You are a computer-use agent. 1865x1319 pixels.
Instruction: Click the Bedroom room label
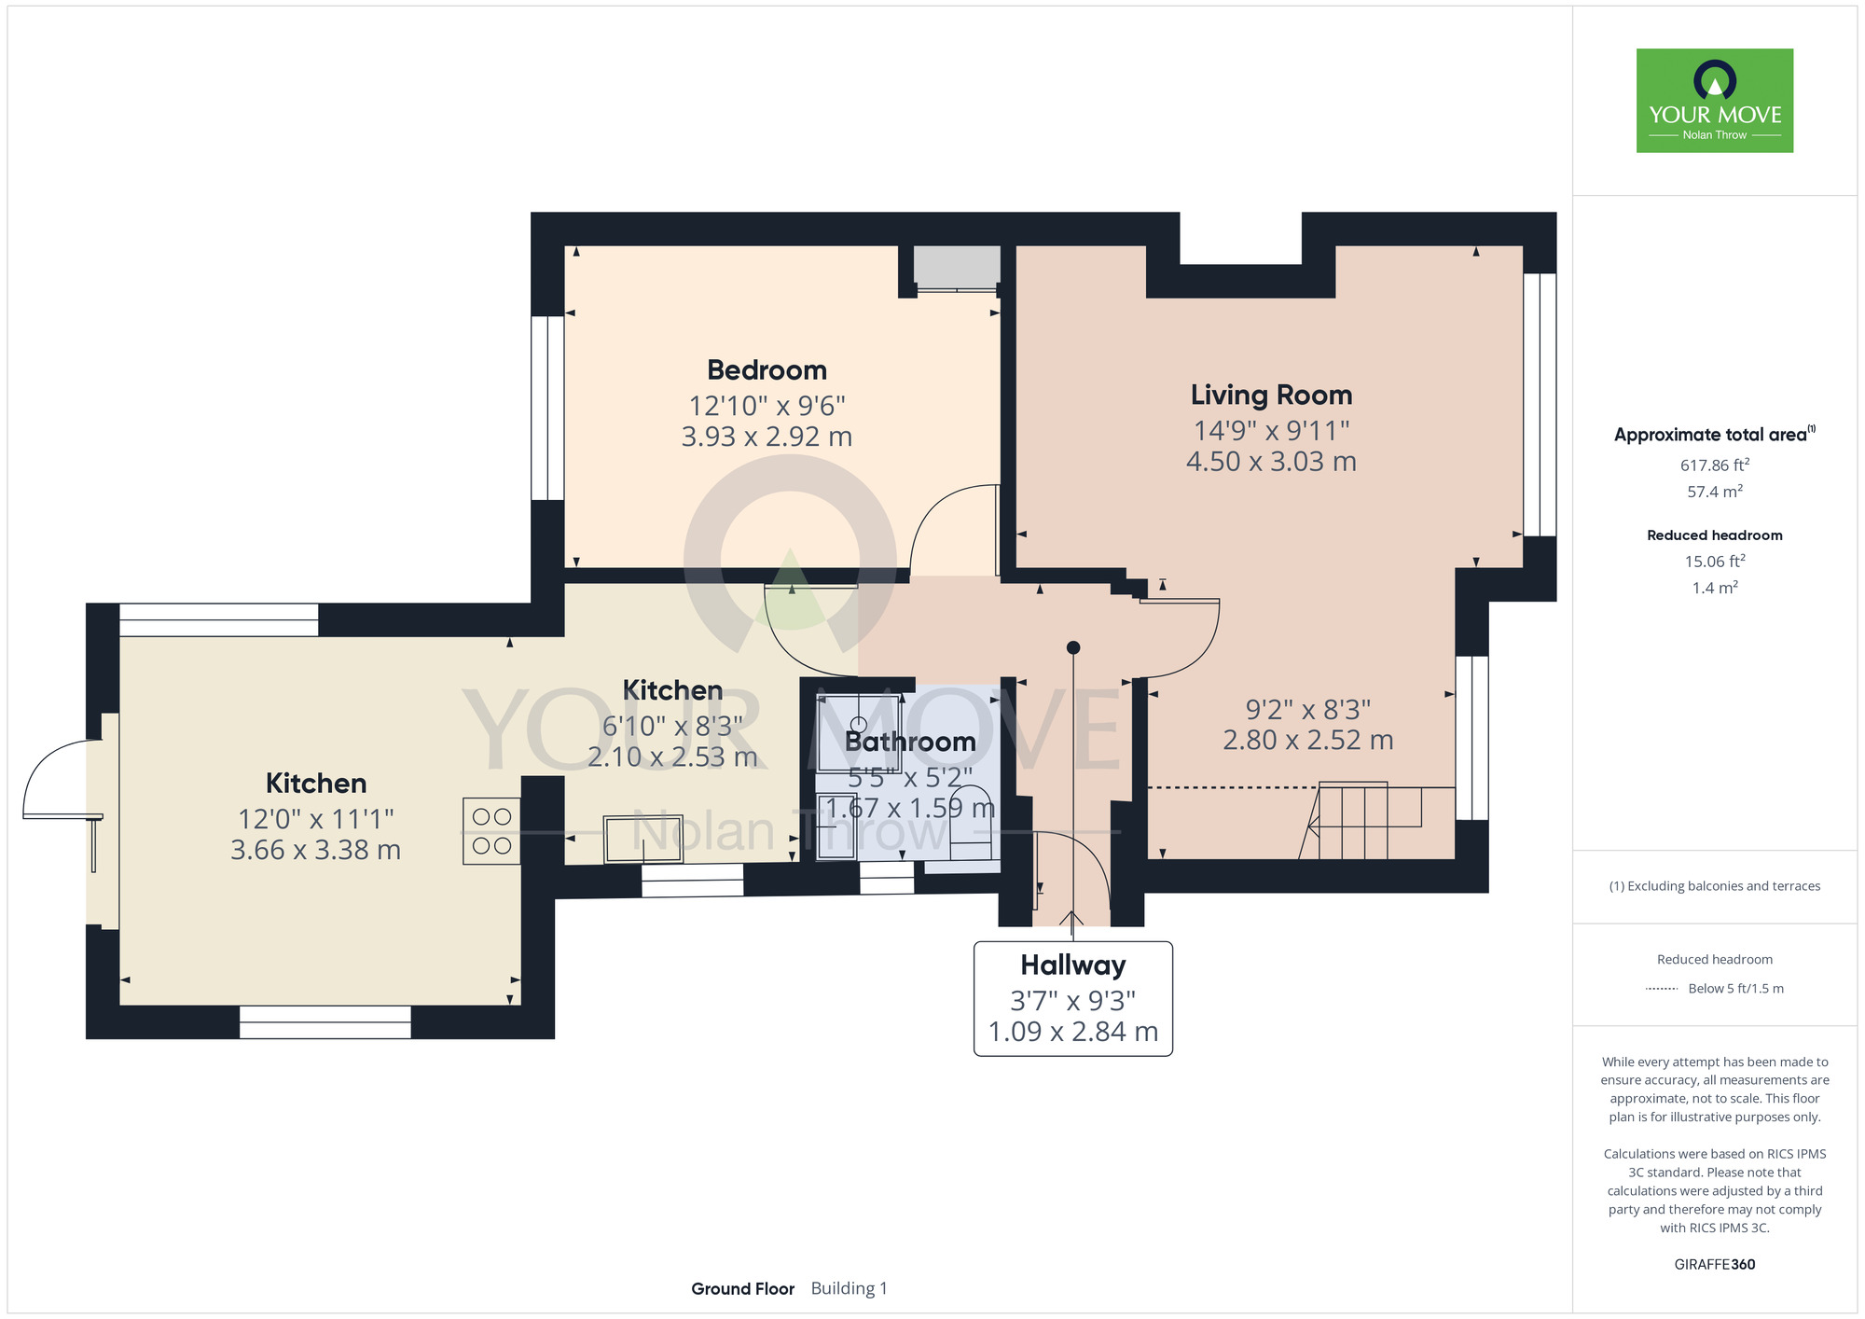point(767,370)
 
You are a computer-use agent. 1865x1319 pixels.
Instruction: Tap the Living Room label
point(1271,396)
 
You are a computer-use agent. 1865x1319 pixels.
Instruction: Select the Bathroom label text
point(910,742)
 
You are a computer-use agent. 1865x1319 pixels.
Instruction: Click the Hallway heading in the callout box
point(1072,965)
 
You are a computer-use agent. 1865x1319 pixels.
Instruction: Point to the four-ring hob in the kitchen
point(491,831)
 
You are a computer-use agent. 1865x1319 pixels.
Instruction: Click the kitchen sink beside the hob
point(642,840)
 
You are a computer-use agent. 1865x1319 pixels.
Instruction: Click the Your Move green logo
point(1715,101)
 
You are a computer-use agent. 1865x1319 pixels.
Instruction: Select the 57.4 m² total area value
point(1715,491)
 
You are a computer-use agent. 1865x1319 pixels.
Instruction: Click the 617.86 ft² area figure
point(1715,465)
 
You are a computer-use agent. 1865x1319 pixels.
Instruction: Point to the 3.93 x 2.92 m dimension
point(767,437)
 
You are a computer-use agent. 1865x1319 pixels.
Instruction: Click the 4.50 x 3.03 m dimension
point(1271,462)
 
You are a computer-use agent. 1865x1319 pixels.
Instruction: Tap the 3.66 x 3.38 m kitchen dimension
point(315,850)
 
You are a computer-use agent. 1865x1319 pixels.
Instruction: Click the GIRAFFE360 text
point(1715,1265)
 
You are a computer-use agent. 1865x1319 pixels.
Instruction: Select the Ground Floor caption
point(742,1288)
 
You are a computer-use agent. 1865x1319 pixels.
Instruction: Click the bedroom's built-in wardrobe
point(957,268)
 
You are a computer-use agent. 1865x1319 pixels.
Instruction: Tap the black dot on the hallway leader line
point(1073,647)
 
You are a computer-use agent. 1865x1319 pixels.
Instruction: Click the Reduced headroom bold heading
point(1715,535)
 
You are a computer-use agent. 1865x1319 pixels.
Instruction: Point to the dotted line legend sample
point(1662,989)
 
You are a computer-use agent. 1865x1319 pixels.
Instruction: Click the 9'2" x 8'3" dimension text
point(1308,710)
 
